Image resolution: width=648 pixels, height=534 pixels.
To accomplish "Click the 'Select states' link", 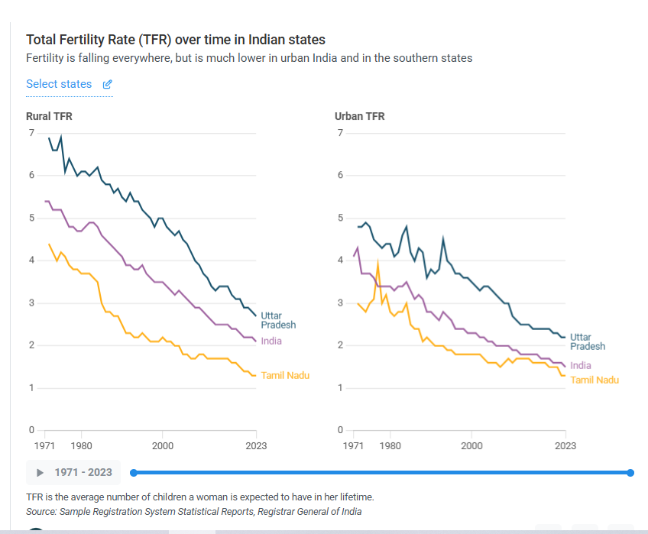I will pyautogui.click(x=59, y=84).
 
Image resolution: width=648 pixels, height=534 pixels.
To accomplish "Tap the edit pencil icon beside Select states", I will pyautogui.click(x=108, y=84).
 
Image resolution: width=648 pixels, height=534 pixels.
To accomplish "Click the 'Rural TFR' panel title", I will pyautogui.click(x=49, y=116).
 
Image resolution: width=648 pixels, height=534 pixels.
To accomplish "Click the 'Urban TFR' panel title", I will pyautogui.click(x=359, y=116).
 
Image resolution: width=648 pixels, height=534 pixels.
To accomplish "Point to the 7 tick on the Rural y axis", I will pyautogui.click(x=31, y=133).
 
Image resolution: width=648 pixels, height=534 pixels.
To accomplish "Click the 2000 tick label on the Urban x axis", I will pyautogui.click(x=471, y=445).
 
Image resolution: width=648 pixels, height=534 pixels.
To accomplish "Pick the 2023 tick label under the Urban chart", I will pyautogui.click(x=565, y=445).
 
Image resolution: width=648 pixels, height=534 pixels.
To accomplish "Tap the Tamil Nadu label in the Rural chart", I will pyautogui.click(x=285, y=375).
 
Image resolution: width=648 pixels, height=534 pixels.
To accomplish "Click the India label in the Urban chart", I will pyautogui.click(x=581, y=366).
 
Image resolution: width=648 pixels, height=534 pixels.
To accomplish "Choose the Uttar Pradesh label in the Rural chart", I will pyautogui.click(x=278, y=320).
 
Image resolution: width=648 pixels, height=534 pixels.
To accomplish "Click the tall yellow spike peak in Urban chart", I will pyautogui.click(x=377, y=264).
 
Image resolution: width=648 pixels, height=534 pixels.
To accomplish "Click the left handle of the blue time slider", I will pyautogui.click(x=134, y=473).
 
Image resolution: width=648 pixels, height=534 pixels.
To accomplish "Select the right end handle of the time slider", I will pyautogui.click(x=630, y=473).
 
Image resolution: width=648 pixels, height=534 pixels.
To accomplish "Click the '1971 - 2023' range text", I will pyautogui.click(x=83, y=472).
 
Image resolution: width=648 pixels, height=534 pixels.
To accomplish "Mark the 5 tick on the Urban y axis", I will pyautogui.click(x=340, y=218).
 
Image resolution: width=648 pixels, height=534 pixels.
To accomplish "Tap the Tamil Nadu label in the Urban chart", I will pyautogui.click(x=595, y=380).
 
